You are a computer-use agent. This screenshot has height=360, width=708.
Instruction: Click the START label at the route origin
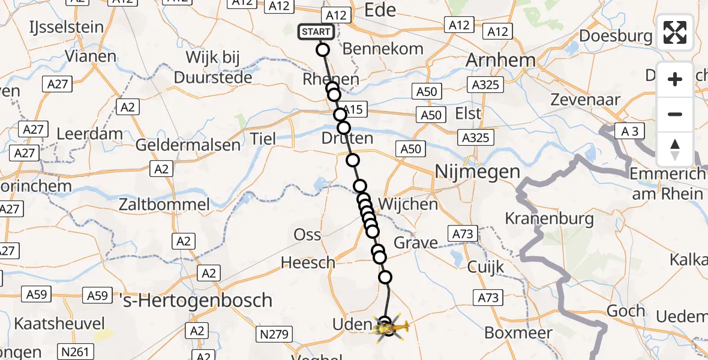click(x=316, y=32)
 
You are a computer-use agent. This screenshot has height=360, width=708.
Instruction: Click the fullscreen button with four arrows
click(x=675, y=32)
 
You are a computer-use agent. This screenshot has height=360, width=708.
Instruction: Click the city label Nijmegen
click(x=477, y=173)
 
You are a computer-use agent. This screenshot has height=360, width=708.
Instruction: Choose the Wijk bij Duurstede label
click(x=213, y=67)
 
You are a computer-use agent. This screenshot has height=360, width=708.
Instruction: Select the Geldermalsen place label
click(x=188, y=145)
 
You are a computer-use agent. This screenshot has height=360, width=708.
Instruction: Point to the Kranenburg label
click(x=550, y=218)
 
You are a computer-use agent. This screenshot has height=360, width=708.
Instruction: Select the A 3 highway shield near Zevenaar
click(x=629, y=131)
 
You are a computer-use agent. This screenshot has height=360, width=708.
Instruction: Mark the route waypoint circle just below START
click(x=323, y=50)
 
